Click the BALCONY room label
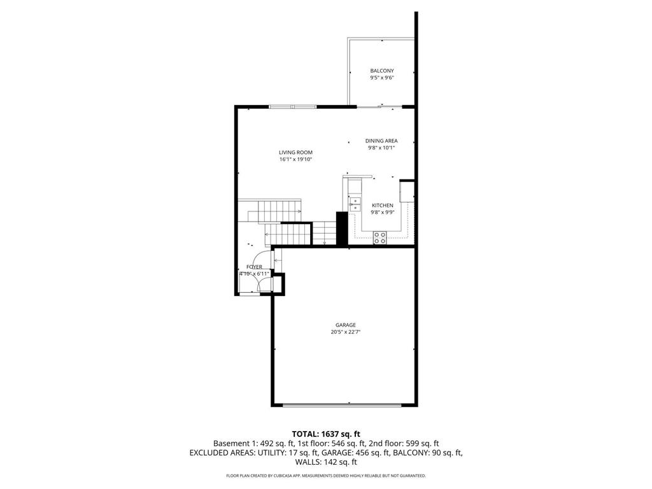(382, 71)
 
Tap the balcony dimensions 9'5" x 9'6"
(382, 78)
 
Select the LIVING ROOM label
(295, 152)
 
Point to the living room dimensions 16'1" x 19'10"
(295, 159)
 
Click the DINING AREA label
(381, 141)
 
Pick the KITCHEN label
(382, 205)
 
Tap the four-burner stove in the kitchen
(379, 237)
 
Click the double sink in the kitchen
(354, 204)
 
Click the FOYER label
(254, 267)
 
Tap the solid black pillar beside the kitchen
(341, 227)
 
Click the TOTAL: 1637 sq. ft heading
(326, 434)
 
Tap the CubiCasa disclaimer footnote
(326, 476)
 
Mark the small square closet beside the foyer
(278, 283)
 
